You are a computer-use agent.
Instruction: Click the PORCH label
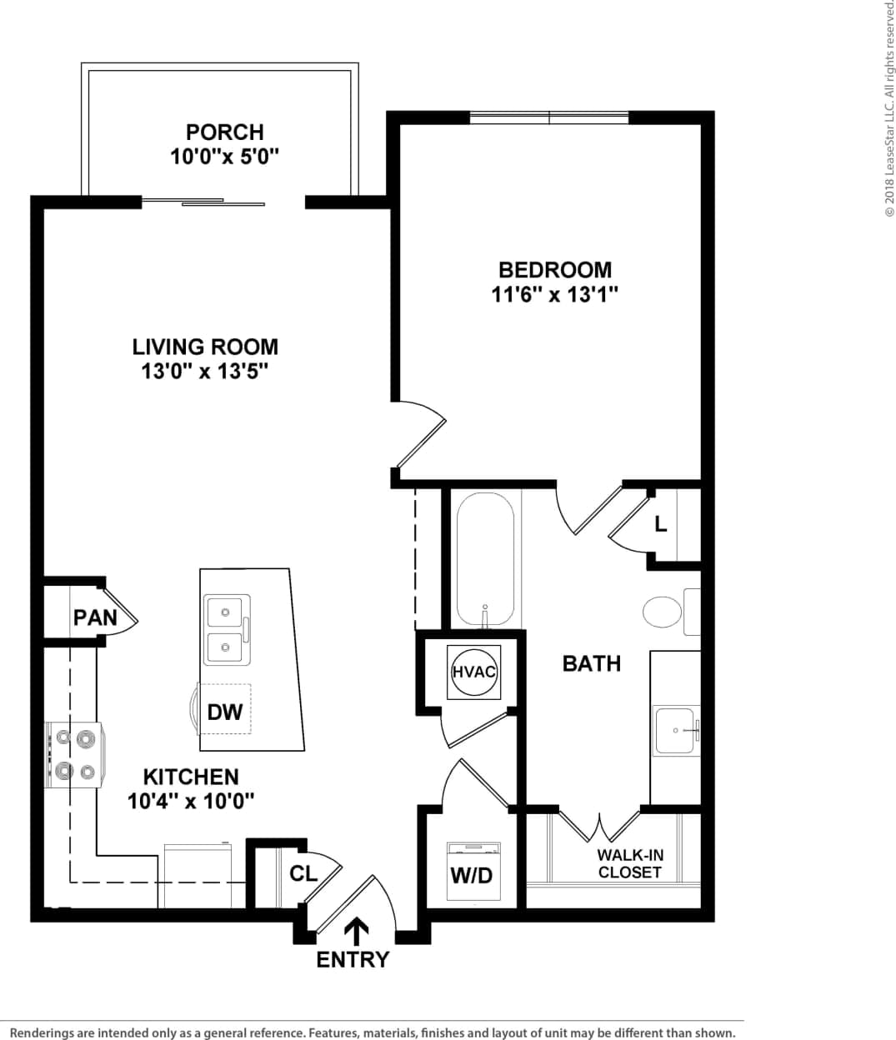224,132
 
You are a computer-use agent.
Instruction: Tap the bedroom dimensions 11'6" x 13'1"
554,294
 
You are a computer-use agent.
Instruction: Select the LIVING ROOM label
205,347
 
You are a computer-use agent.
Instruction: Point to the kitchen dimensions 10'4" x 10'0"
191,801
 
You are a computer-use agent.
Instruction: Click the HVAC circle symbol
473,672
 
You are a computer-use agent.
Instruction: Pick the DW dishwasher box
224,711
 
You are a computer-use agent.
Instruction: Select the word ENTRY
353,960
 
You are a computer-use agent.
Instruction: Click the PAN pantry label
94,617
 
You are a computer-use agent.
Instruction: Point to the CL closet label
303,873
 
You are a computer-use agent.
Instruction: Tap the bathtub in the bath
485,558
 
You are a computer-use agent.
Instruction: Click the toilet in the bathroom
664,612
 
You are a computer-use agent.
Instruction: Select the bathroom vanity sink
675,730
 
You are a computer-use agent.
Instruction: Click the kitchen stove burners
74,755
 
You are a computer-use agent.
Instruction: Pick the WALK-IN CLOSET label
629,863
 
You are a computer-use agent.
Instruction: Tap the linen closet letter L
661,525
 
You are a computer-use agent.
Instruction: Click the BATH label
591,663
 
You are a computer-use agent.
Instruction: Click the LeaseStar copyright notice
888,108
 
